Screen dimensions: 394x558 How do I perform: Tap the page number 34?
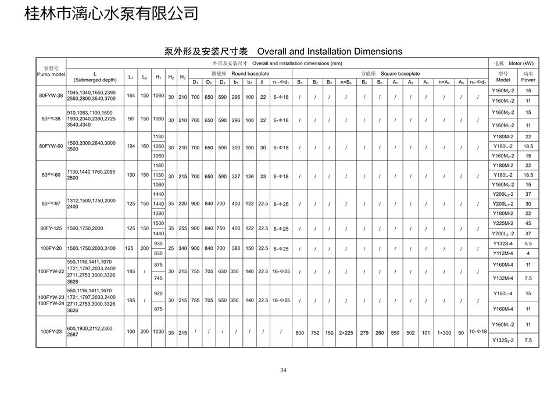point(283,370)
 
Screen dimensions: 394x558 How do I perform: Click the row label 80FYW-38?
point(51,96)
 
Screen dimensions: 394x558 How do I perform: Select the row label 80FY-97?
point(51,203)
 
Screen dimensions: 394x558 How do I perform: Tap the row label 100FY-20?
point(51,248)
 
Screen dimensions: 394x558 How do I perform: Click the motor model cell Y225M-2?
point(503,223)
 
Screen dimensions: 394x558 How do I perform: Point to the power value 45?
point(528,223)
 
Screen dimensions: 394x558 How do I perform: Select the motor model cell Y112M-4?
point(503,253)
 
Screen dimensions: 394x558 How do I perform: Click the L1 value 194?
point(131,146)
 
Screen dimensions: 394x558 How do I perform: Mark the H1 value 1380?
point(158,213)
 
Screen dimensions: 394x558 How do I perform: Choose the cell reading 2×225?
point(346,333)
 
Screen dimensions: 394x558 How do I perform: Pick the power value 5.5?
point(528,243)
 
